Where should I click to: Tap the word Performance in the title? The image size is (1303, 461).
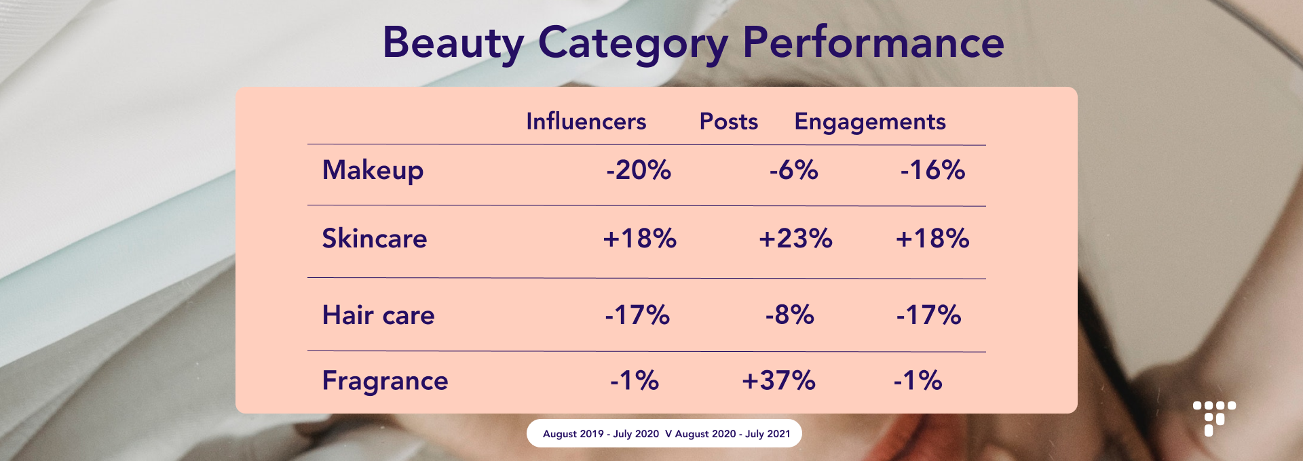coord(873,42)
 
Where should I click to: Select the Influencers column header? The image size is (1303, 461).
coord(586,121)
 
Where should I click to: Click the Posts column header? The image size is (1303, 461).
coord(729,121)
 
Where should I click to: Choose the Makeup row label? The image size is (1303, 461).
coord(373,171)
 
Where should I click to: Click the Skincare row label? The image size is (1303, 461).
coord(375,239)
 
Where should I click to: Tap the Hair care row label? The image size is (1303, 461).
coord(379,315)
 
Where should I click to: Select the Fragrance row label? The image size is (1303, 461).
coord(385,382)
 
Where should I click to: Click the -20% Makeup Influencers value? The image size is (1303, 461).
coord(639,169)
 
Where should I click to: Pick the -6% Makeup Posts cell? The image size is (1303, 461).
coord(793,169)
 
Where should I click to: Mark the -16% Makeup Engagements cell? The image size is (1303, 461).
coord(932,169)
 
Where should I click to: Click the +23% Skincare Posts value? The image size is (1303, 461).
coord(795,239)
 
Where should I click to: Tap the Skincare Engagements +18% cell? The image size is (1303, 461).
coord(932,239)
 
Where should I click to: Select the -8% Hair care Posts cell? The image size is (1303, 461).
coord(789,315)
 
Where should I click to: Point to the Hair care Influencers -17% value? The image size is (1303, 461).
coord(637,315)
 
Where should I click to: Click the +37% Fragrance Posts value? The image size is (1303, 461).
coord(778,380)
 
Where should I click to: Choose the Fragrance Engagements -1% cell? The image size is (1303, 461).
coord(918,380)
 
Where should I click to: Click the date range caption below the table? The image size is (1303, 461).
coord(666,434)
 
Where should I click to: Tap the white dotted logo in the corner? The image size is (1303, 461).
coord(1214,418)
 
